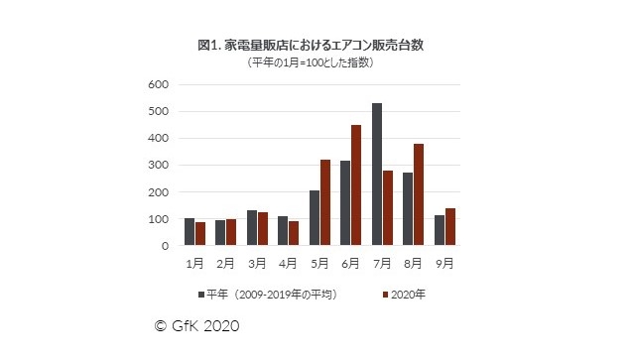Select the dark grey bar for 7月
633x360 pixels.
coord(377,175)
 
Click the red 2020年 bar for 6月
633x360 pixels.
coord(356,185)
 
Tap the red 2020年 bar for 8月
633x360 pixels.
coord(419,194)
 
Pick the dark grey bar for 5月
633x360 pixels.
coord(315,218)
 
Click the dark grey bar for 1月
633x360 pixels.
coord(190,232)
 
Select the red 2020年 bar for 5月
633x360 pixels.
coord(325,202)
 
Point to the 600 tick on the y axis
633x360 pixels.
coord(160,84)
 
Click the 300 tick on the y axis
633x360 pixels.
coord(160,165)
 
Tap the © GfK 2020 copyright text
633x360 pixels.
coord(197,325)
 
